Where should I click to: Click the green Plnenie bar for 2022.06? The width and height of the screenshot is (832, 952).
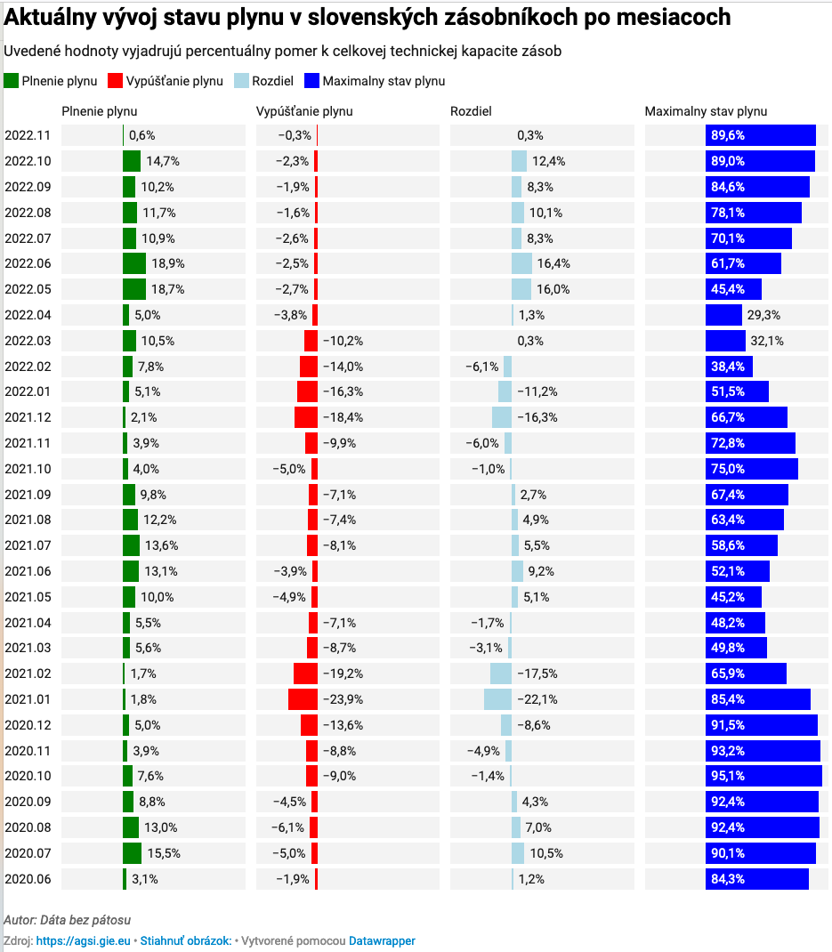click(134, 263)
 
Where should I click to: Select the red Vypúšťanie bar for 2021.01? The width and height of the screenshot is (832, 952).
click(303, 699)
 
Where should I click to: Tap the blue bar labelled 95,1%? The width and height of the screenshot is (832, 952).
click(763, 776)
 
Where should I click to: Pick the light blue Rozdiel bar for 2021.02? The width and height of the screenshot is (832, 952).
click(501, 674)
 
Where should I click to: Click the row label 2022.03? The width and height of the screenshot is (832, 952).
click(28, 341)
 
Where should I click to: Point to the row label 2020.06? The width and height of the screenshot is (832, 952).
click(28, 879)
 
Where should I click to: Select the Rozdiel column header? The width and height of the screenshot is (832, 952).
click(471, 112)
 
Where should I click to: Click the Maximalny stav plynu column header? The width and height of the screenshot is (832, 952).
click(706, 112)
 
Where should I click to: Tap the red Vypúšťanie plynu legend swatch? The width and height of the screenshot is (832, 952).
click(113, 81)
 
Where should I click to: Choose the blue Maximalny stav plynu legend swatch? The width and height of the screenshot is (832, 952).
click(311, 81)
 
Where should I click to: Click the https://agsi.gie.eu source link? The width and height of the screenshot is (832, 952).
click(83, 940)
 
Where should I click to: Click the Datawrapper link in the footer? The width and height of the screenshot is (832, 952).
click(382, 940)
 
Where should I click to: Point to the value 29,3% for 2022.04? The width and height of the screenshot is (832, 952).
click(763, 315)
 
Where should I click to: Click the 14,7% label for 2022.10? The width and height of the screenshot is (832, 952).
click(163, 161)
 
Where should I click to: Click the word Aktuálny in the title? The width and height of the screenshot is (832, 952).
click(53, 17)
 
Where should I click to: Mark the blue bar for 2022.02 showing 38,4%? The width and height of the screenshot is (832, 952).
click(729, 367)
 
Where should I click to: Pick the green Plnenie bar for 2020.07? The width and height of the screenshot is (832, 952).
click(133, 853)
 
